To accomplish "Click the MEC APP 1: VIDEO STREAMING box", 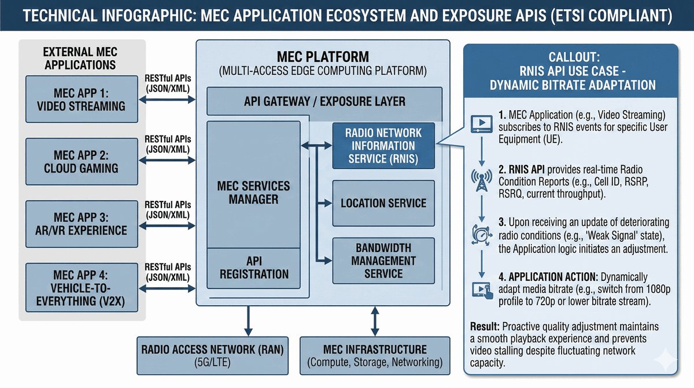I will click(x=82, y=99).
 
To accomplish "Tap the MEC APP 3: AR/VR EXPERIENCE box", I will click(x=82, y=223).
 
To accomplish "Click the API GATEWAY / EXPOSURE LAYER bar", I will click(x=324, y=101).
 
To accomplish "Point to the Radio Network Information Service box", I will click(x=383, y=145).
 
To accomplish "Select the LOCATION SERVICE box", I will click(x=383, y=203).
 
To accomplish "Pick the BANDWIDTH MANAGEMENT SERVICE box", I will click(x=383, y=261).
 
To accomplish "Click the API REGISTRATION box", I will click(x=254, y=268).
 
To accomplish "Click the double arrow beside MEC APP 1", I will click(x=167, y=99).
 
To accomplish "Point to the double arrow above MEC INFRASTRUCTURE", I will click(x=375, y=320).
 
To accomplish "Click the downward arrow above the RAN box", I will click(x=248, y=320).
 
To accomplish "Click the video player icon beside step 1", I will click(x=479, y=123).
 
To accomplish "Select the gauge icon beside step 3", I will click(x=479, y=235).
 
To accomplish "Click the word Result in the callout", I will click(x=483, y=327).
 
